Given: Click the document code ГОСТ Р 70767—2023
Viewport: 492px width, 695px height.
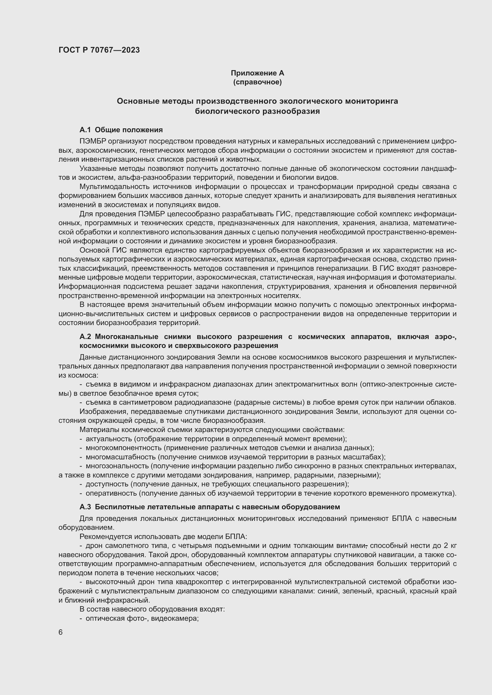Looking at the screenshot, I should click(x=99, y=50).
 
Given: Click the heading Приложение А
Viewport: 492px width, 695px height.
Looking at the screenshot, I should click(x=257, y=73).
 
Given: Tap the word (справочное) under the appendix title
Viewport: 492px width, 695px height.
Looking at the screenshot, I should click(x=257, y=82).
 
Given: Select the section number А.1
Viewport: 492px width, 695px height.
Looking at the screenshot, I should click(x=85, y=130).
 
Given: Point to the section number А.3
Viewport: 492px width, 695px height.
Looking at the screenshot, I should click(x=85, y=507).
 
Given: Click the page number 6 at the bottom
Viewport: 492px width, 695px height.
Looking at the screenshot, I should click(x=61, y=632).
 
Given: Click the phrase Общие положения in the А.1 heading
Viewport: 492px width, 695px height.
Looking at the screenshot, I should click(x=129, y=130).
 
